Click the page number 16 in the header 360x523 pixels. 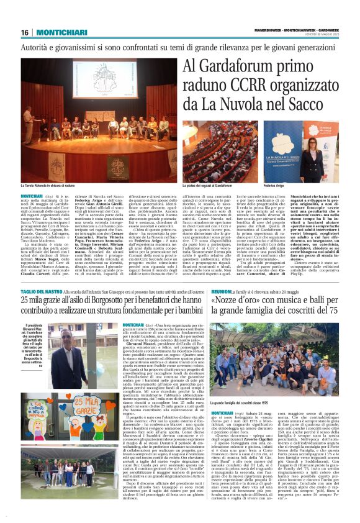(25, 32)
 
